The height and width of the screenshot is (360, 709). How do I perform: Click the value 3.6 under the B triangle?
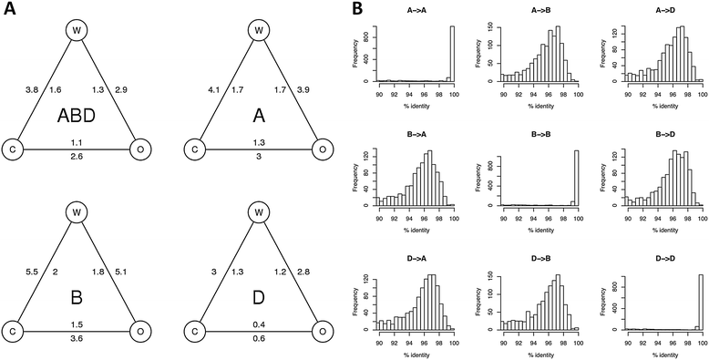click(x=77, y=339)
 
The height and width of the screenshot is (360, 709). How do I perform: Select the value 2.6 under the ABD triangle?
click(x=77, y=158)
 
